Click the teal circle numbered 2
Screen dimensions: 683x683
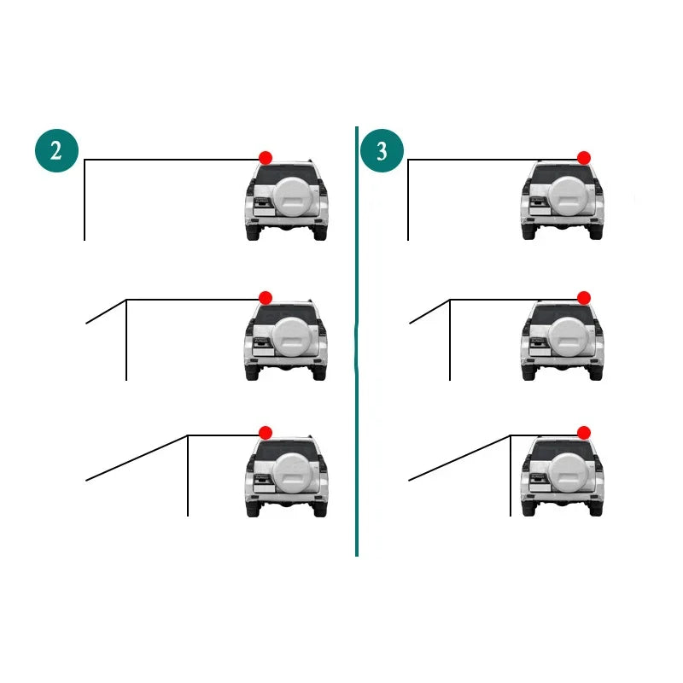[56, 151]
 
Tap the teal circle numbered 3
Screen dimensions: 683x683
[382, 151]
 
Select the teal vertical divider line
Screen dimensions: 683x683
[357, 341]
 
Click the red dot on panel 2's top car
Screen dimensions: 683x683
[266, 158]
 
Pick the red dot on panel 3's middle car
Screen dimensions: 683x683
[584, 298]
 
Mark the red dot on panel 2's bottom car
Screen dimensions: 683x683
[266, 433]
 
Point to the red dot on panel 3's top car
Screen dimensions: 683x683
[584, 158]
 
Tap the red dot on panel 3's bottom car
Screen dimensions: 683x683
[584, 433]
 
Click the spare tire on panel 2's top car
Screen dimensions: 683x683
[293, 197]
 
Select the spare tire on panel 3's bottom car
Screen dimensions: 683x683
[568, 473]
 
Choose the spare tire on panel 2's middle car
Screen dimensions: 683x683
[292, 336]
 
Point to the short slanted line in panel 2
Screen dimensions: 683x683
[106, 312]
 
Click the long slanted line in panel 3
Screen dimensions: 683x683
[459, 458]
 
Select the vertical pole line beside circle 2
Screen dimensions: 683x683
[85, 200]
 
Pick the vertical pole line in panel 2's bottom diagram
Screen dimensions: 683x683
[188, 476]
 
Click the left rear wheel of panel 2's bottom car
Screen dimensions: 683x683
[253, 508]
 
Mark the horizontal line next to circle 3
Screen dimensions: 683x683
[493, 160]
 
